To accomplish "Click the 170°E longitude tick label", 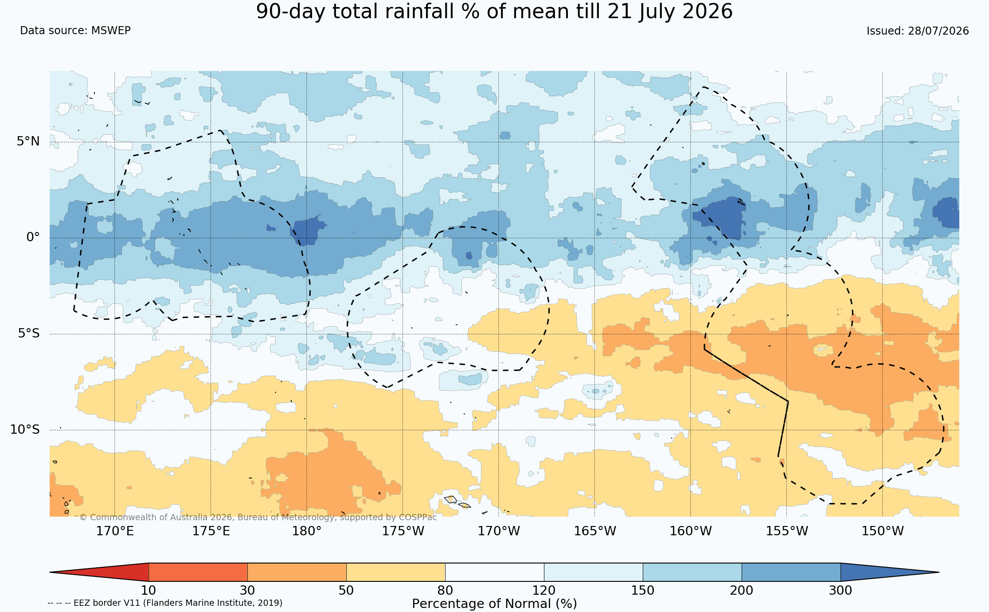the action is click(115, 531).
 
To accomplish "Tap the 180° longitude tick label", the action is click(306, 531).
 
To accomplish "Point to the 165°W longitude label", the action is click(595, 531).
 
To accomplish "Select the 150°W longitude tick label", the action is click(883, 531).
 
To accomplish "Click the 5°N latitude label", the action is click(28, 141).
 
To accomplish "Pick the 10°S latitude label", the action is click(25, 429).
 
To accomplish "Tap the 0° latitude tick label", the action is click(33, 237).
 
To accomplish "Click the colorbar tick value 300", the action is click(840, 591).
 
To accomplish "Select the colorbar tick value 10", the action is click(149, 591).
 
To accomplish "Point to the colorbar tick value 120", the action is click(544, 591).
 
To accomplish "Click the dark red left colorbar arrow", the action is click(99, 572).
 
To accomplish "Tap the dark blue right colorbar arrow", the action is click(890, 572).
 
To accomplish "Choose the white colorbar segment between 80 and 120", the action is click(495, 572).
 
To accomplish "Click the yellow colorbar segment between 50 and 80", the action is click(396, 572).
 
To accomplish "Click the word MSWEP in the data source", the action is click(111, 31).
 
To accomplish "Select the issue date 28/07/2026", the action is click(938, 31).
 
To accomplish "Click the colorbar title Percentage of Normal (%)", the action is click(494, 604).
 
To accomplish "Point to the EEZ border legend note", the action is click(165, 603).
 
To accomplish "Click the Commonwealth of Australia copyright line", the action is click(258, 517).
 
